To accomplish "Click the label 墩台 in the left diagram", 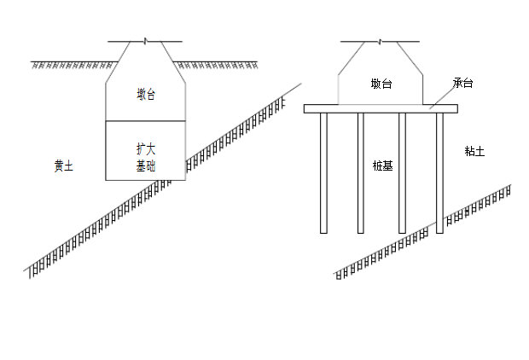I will click(x=146, y=93).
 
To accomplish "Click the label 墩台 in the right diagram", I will click(x=381, y=84).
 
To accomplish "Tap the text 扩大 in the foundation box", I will click(x=146, y=148).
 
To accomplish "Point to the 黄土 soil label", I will click(x=63, y=166).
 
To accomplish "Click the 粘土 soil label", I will click(x=474, y=151).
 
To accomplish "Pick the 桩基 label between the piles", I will click(x=381, y=165).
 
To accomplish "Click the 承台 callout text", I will click(x=463, y=84).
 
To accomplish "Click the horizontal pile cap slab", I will click(x=381, y=108).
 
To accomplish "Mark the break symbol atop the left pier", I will click(x=146, y=41).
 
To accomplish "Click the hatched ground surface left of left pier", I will click(x=73, y=64).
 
